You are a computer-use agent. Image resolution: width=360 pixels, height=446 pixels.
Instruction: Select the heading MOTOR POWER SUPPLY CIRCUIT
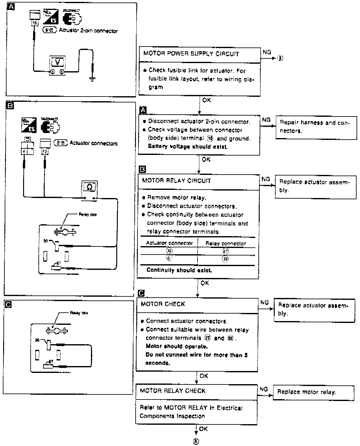pyautogui.click(x=191, y=53)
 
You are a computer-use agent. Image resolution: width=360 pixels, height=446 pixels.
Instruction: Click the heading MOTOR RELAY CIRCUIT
pyautogui.click(x=176, y=181)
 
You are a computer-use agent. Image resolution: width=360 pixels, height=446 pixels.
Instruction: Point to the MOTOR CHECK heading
pyautogui.click(x=163, y=304)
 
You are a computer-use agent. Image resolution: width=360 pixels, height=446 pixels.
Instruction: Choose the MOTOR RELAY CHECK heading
pyautogui.click(x=172, y=391)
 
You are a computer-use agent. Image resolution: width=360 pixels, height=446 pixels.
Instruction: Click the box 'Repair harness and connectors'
pyautogui.click(x=316, y=127)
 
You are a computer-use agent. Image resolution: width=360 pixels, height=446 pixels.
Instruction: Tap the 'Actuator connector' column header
pyautogui.click(x=169, y=243)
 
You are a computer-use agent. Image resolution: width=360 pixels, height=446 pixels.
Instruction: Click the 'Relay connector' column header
pyautogui.click(x=226, y=243)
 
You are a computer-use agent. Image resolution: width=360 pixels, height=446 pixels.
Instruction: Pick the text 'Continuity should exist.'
pyautogui.click(x=179, y=270)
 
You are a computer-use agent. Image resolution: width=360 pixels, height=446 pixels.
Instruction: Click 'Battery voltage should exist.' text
pyautogui.click(x=187, y=146)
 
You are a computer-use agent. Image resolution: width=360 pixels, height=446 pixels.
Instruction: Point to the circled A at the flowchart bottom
pyautogui.click(x=196, y=441)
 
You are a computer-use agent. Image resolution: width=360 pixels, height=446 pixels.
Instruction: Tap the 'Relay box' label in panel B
pyautogui.click(x=87, y=215)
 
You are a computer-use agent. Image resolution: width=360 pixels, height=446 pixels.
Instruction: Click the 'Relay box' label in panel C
pyautogui.click(x=79, y=313)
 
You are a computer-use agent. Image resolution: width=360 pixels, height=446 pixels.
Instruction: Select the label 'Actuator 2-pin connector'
pyautogui.click(x=88, y=31)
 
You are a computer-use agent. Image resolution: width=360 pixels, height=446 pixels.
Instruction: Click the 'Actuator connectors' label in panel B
pyautogui.click(x=93, y=143)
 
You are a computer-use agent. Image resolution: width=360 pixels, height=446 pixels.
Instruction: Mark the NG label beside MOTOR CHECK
pyautogui.click(x=264, y=302)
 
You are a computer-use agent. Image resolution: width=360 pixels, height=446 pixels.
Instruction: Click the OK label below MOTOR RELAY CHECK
pyautogui.click(x=203, y=429)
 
